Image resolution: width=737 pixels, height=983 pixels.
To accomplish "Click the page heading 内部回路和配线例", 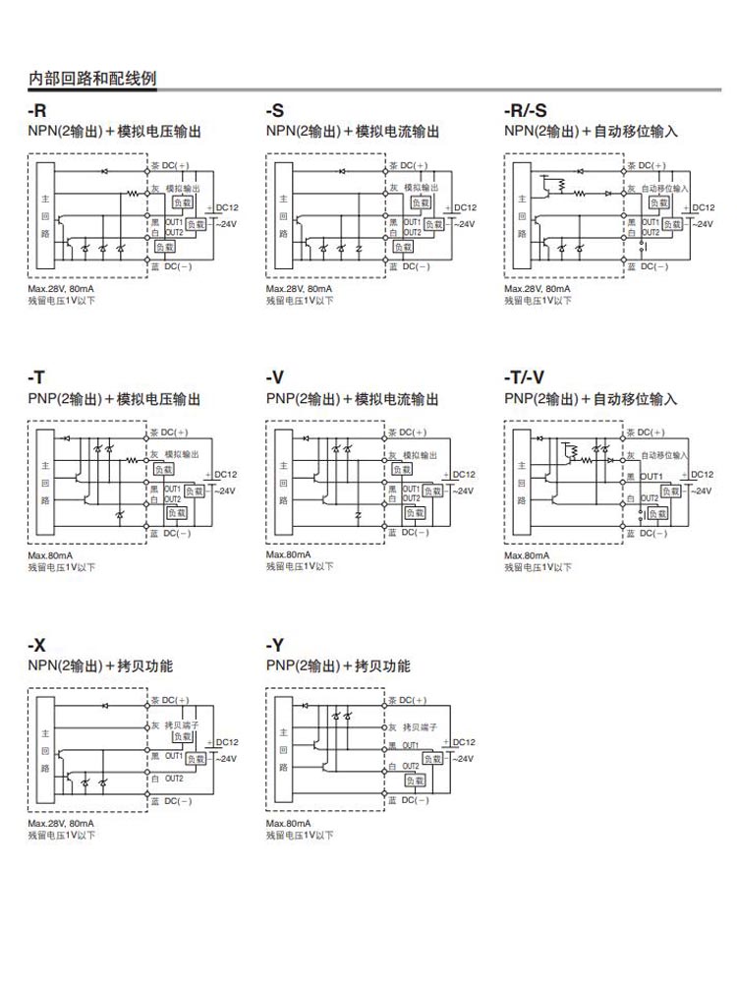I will click(x=91, y=79).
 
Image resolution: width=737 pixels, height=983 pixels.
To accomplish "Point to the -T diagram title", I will click(x=37, y=378).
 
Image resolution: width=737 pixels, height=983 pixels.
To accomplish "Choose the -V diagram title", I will click(x=275, y=378).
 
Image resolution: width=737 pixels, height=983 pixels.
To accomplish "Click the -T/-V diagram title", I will click(x=525, y=378).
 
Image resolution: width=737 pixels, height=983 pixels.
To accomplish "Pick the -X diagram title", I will click(x=37, y=646).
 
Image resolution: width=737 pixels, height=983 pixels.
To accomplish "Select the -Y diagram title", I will click(x=275, y=646).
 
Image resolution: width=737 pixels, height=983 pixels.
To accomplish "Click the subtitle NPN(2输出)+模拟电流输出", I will click(x=353, y=132).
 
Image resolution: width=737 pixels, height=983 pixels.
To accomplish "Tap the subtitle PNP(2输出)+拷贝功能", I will click(x=338, y=666).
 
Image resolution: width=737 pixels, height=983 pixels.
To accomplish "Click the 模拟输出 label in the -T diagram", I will click(x=183, y=454).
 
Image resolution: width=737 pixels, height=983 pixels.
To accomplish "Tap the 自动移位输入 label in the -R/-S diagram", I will click(x=665, y=188).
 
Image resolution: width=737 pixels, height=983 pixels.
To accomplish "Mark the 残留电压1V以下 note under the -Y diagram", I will click(x=300, y=835).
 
